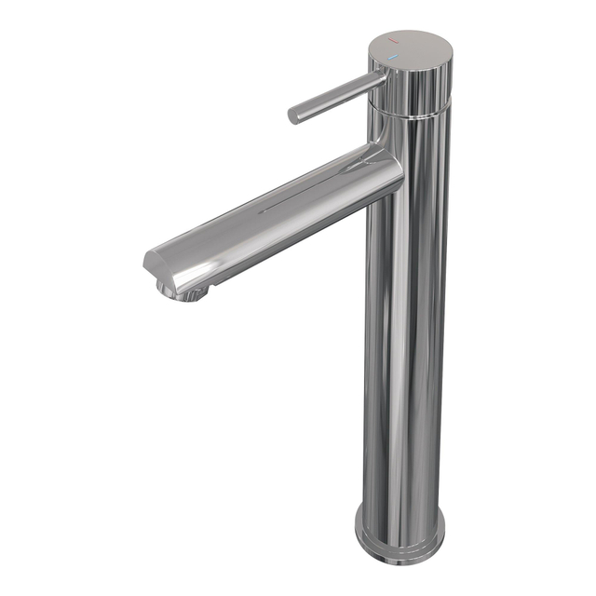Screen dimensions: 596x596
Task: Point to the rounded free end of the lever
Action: coord(292,116)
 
